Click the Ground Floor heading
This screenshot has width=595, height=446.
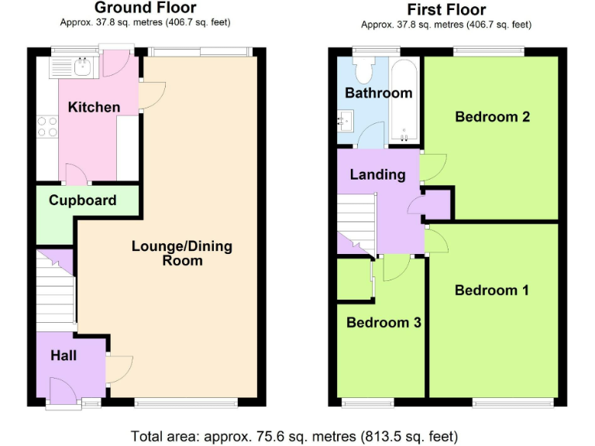(145, 8)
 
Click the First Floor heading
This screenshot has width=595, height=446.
(446, 9)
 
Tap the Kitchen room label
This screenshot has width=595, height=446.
(94, 107)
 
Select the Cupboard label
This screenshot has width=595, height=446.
(82, 200)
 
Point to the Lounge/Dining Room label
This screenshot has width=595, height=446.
(182, 253)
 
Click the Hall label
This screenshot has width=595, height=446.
(64, 355)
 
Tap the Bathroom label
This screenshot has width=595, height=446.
(378, 93)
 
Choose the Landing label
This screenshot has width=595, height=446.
(377, 174)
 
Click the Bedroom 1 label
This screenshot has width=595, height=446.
(492, 290)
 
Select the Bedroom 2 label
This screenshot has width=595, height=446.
(492, 117)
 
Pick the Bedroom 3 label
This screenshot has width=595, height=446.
(383, 322)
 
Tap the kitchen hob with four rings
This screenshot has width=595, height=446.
(46, 126)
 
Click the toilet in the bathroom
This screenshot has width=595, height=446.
(363, 71)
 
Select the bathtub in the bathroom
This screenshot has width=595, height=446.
(405, 101)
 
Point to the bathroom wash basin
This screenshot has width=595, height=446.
(346, 121)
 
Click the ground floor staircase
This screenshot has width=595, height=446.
(54, 294)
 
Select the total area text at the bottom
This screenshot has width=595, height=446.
(294, 434)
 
